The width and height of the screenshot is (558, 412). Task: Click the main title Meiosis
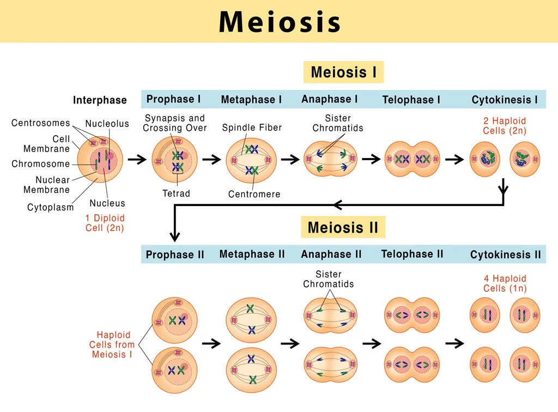(x=280, y=22)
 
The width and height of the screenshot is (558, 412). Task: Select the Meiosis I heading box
(x=343, y=72)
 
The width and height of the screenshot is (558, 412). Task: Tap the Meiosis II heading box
(x=343, y=227)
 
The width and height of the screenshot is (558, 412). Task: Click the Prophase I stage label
(x=173, y=99)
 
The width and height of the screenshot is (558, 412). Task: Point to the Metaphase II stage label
(x=252, y=254)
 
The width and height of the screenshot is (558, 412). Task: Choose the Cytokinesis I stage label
(x=505, y=100)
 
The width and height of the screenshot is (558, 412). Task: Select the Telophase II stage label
(x=412, y=254)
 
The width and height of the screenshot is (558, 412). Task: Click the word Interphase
(x=100, y=100)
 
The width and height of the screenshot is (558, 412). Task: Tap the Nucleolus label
(x=107, y=124)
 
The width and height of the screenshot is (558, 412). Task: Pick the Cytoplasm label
(x=51, y=207)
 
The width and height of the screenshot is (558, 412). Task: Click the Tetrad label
(x=175, y=193)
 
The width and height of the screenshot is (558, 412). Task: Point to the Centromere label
(x=254, y=194)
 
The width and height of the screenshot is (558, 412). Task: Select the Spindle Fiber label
(x=252, y=128)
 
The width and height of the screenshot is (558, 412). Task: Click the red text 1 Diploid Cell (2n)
(x=105, y=223)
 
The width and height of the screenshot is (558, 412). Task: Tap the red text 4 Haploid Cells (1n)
(x=505, y=283)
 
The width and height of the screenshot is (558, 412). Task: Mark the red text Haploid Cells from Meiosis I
(x=112, y=344)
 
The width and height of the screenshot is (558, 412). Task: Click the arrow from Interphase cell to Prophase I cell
(x=137, y=160)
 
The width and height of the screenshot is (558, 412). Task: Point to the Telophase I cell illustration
(x=413, y=160)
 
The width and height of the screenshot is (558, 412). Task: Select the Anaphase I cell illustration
(x=330, y=159)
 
